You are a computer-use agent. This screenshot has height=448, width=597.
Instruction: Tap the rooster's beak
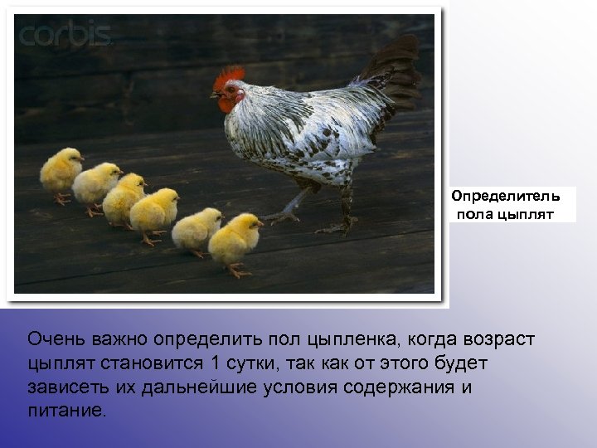pos(214,96)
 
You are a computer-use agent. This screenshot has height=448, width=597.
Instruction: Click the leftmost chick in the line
pos(61,173)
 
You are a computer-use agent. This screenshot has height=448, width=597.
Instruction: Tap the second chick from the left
pos(96,184)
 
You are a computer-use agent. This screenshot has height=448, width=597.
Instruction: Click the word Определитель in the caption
pos(506,197)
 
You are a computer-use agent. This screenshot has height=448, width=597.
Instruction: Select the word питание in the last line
pos(66,410)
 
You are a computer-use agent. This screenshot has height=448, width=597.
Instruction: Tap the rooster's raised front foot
pos(282,217)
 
